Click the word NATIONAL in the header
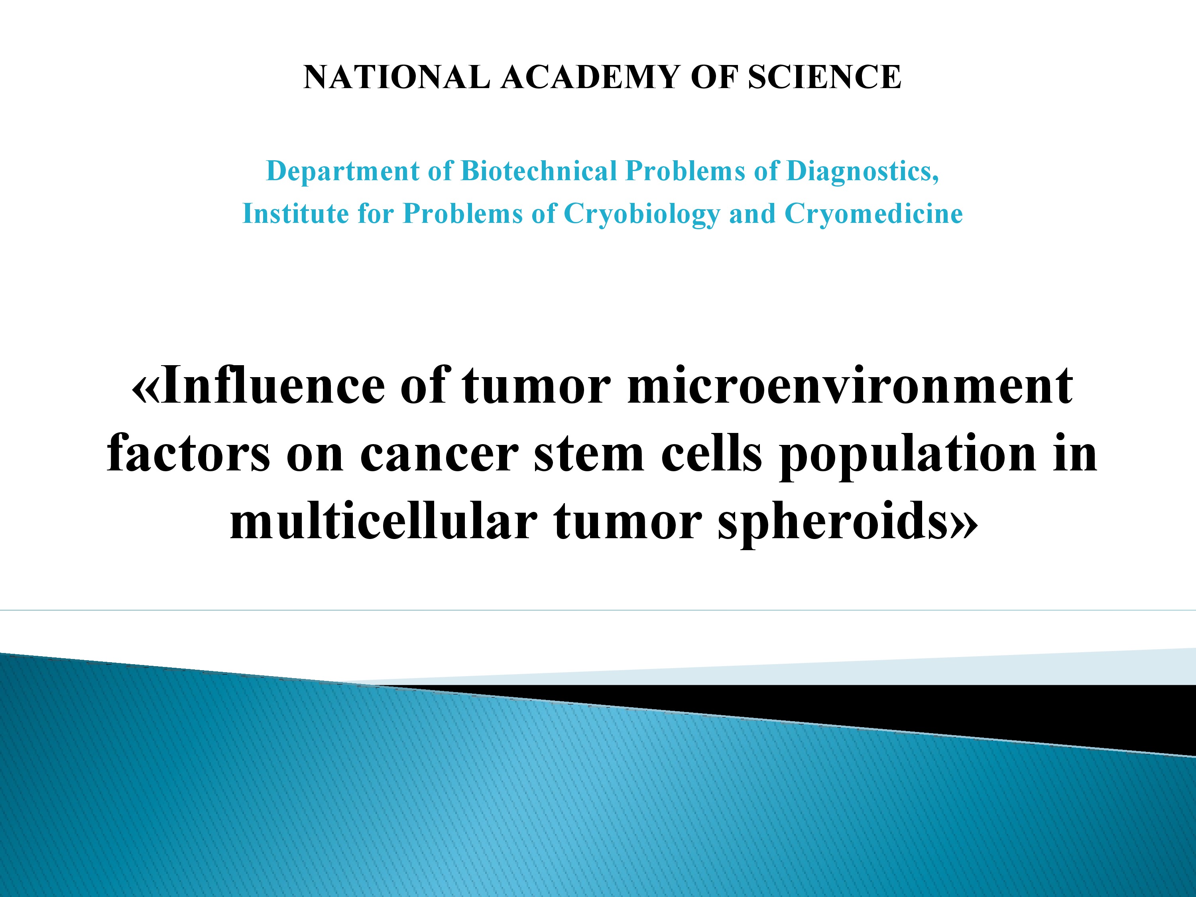(397, 77)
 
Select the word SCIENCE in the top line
(824, 77)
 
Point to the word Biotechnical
(539, 171)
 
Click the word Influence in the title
(273, 386)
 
